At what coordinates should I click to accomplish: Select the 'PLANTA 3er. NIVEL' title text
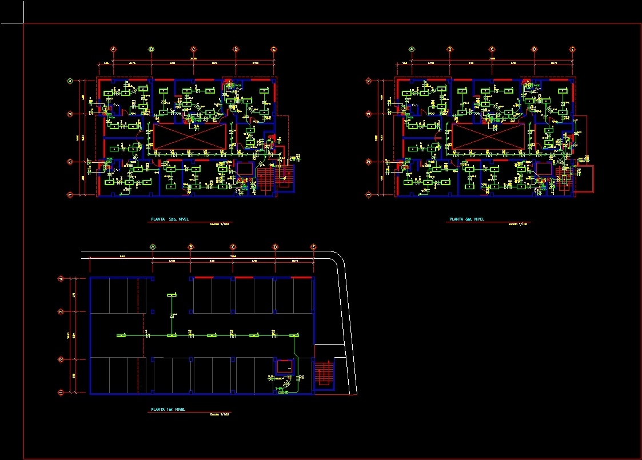pyautogui.click(x=466, y=219)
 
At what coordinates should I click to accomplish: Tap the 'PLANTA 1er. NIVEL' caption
pyautogui.click(x=167, y=409)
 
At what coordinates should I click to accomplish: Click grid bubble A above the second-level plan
pyautogui.click(x=113, y=50)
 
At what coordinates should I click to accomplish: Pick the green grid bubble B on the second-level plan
pyautogui.click(x=151, y=50)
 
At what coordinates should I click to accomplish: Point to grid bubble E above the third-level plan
pyautogui.click(x=572, y=50)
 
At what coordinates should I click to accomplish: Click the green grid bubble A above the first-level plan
pyautogui.click(x=153, y=247)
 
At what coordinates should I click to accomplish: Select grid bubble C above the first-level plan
pyautogui.click(x=233, y=247)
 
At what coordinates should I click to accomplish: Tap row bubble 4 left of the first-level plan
pyautogui.click(x=61, y=279)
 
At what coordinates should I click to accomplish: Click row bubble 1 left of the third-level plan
pyautogui.click(x=368, y=195)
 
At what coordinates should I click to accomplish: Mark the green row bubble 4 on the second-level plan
pyautogui.click(x=70, y=81)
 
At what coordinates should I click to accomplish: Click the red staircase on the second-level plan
pyautogui.click(x=265, y=179)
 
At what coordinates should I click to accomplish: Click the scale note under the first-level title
pyautogui.click(x=219, y=414)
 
